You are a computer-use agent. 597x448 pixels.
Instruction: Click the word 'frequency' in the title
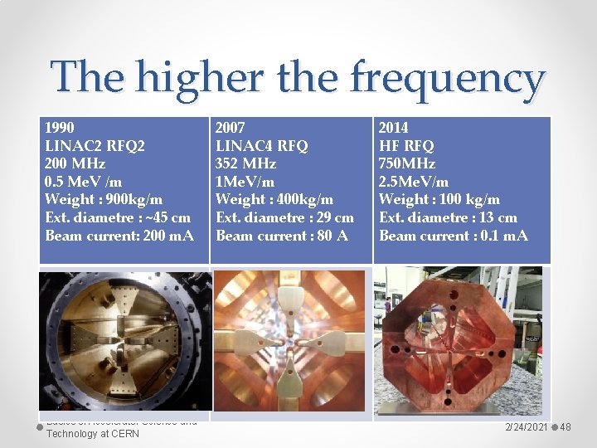(447, 78)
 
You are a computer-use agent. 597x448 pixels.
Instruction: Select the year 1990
(60, 128)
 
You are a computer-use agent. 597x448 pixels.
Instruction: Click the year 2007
(231, 128)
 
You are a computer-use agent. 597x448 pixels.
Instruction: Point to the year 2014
(394, 128)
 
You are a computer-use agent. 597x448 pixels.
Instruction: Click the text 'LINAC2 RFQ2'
(95, 146)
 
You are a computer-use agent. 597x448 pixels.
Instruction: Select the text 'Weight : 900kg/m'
(104, 199)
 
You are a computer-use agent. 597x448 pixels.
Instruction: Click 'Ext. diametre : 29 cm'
(284, 217)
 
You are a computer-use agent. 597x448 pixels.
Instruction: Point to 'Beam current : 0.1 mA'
(454, 236)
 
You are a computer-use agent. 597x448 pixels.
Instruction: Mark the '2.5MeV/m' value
(414, 182)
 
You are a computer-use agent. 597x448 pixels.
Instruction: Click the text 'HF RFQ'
(406, 146)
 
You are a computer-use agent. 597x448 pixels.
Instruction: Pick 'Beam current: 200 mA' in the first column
(119, 236)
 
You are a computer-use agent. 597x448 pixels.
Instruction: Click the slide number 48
(566, 426)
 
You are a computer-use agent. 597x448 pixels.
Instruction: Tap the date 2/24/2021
(526, 426)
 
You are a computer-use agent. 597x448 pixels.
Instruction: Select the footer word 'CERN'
(124, 433)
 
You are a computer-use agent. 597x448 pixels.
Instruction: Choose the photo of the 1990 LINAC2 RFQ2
(124, 340)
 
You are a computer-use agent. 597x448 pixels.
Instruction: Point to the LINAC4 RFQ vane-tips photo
(291, 340)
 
